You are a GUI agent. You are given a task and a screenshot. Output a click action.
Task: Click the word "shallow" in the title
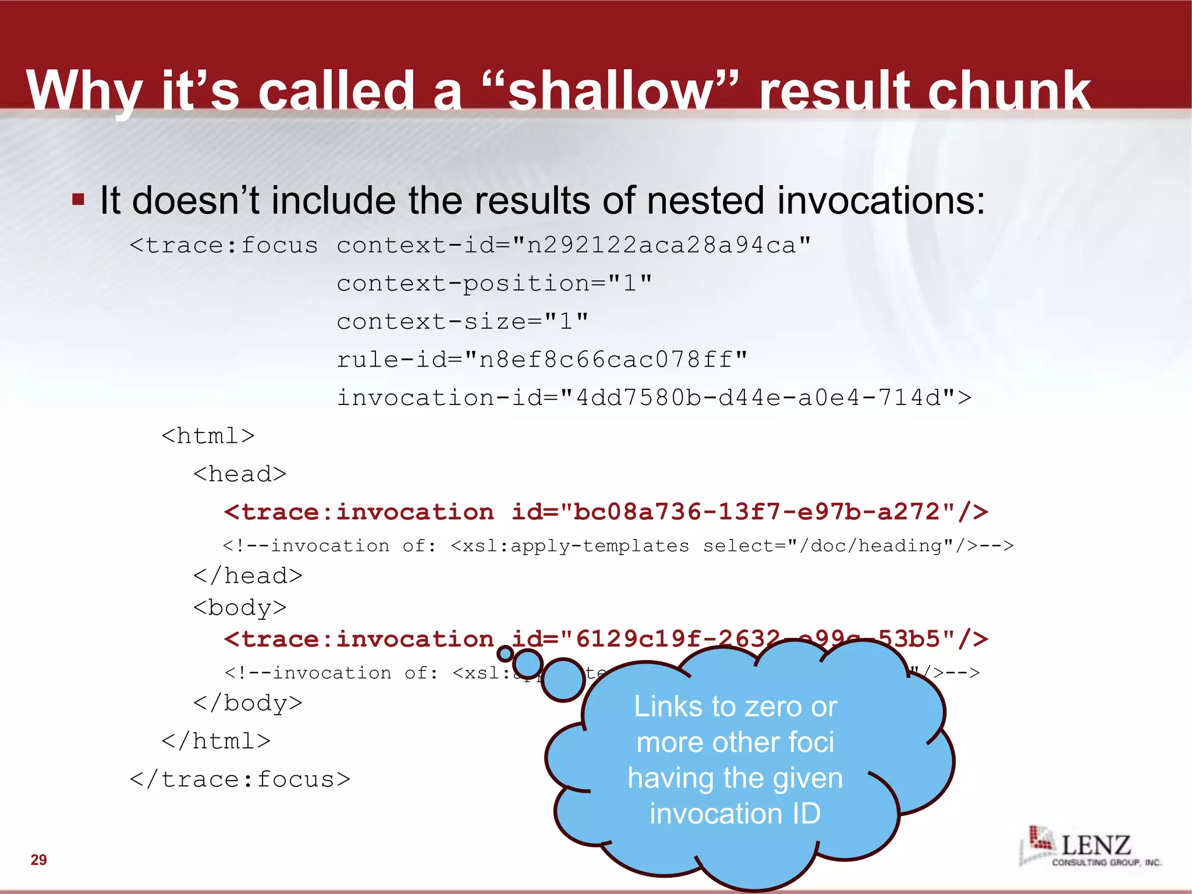click(611, 91)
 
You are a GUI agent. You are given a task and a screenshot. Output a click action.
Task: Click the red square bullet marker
click(78, 200)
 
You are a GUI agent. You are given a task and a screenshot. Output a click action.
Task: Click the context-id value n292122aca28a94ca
click(661, 245)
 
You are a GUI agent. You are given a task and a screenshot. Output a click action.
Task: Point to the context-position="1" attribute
click(494, 283)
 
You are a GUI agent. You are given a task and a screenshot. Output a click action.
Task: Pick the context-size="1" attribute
click(462, 321)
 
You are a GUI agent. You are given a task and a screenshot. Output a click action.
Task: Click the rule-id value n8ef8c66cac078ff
click(605, 360)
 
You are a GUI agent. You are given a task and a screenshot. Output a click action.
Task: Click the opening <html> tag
click(208, 436)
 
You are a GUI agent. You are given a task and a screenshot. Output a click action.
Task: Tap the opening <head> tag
click(240, 474)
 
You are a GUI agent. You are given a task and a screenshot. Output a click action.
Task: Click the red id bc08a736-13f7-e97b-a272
click(756, 512)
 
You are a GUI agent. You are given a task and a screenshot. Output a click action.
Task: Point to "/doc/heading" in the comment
click(877, 546)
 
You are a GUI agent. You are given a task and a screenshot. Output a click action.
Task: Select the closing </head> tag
click(248, 576)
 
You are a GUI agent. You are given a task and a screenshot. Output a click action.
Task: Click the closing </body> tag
click(248, 703)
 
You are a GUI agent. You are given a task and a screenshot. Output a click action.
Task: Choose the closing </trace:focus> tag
click(240, 779)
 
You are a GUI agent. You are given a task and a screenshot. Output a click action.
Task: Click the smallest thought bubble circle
click(505, 654)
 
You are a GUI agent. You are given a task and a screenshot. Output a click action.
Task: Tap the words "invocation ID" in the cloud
click(735, 814)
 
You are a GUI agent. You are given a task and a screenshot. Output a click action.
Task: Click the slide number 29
click(38, 860)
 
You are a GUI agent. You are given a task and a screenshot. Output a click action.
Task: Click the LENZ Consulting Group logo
click(1090, 847)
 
